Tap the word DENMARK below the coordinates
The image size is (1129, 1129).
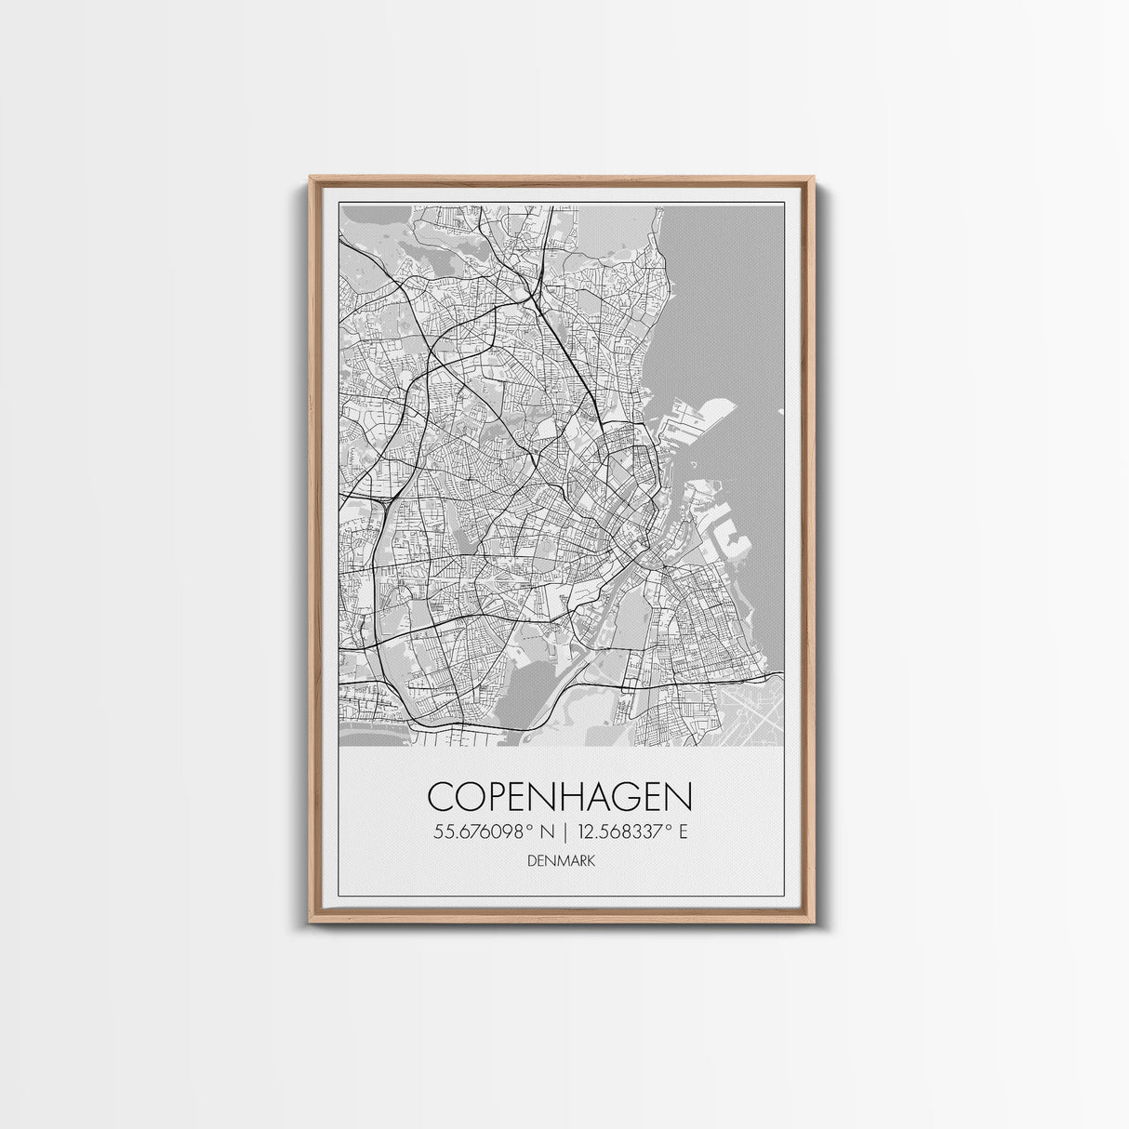point(560,862)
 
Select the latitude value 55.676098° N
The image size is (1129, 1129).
point(494,832)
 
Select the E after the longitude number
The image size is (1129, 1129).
point(683,832)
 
